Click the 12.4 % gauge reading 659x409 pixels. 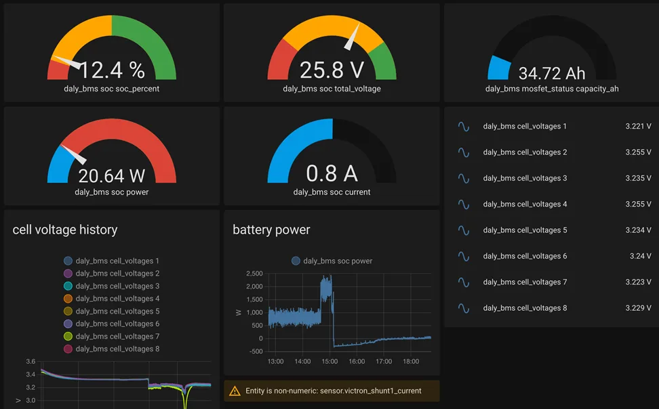(112, 70)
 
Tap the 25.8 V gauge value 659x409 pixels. (332, 70)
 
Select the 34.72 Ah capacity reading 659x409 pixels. (552, 73)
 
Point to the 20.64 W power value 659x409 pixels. (112, 175)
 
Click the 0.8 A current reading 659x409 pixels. (332, 173)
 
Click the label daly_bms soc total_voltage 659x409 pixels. (332, 89)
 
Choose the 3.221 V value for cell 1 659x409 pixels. (638, 127)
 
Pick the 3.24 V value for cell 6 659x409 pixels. (640, 256)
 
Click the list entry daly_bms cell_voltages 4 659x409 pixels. (525, 204)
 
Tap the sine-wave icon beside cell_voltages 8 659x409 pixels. (464, 308)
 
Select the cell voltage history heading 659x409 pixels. (65, 230)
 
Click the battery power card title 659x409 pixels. (271, 230)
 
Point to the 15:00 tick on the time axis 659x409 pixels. (329, 362)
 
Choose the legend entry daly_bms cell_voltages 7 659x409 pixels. (117, 337)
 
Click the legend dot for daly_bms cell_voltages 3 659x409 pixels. (68, 286)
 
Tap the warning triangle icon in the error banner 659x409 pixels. (235, 391)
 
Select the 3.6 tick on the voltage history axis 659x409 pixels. (31, 362)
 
